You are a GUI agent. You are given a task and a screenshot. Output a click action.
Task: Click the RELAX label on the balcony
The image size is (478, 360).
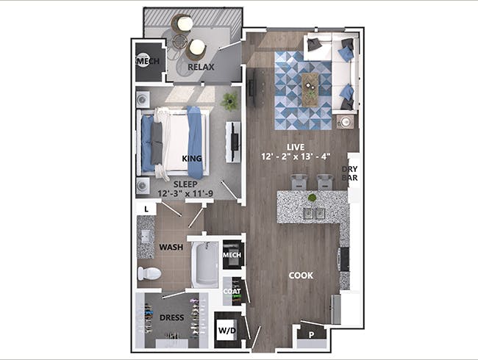(201, 67)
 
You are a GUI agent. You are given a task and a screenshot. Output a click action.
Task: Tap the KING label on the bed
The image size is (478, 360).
(192, 159)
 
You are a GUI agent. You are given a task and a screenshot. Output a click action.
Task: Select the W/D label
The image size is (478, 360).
(227, 331)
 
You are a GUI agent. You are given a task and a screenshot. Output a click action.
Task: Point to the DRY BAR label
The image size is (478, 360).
(349, 173)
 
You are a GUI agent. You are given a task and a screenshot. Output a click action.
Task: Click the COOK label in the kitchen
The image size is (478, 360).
(301, 276)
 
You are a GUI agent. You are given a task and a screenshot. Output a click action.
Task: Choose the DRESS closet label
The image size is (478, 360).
(171, 317)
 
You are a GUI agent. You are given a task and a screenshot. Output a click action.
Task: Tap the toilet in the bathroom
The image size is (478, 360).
(149, 273)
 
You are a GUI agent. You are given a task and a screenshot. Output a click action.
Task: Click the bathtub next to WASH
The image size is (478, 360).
(205, 264)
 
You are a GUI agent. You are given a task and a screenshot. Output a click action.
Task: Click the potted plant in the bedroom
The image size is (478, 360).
(229, 101)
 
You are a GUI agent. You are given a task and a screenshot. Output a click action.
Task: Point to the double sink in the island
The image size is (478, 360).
(314, 213)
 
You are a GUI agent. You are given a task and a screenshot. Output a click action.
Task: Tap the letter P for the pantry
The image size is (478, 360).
(311, 335)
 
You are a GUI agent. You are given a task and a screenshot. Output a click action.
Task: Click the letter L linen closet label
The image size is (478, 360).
(146, 209)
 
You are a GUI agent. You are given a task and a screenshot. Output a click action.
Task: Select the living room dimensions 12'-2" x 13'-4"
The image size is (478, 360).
(296, 156)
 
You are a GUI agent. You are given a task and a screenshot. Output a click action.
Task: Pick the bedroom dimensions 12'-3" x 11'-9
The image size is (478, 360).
(185, 193)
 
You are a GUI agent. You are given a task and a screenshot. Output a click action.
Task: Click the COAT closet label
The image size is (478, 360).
(232, 292)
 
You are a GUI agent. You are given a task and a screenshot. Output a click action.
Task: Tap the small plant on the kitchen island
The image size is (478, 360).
(312, 198)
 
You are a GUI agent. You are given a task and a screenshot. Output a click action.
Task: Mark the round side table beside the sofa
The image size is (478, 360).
(346, 122)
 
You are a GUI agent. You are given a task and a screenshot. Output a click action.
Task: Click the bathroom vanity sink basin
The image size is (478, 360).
(146, 236)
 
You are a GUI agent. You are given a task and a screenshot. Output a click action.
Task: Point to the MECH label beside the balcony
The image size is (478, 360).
(149, 61)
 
